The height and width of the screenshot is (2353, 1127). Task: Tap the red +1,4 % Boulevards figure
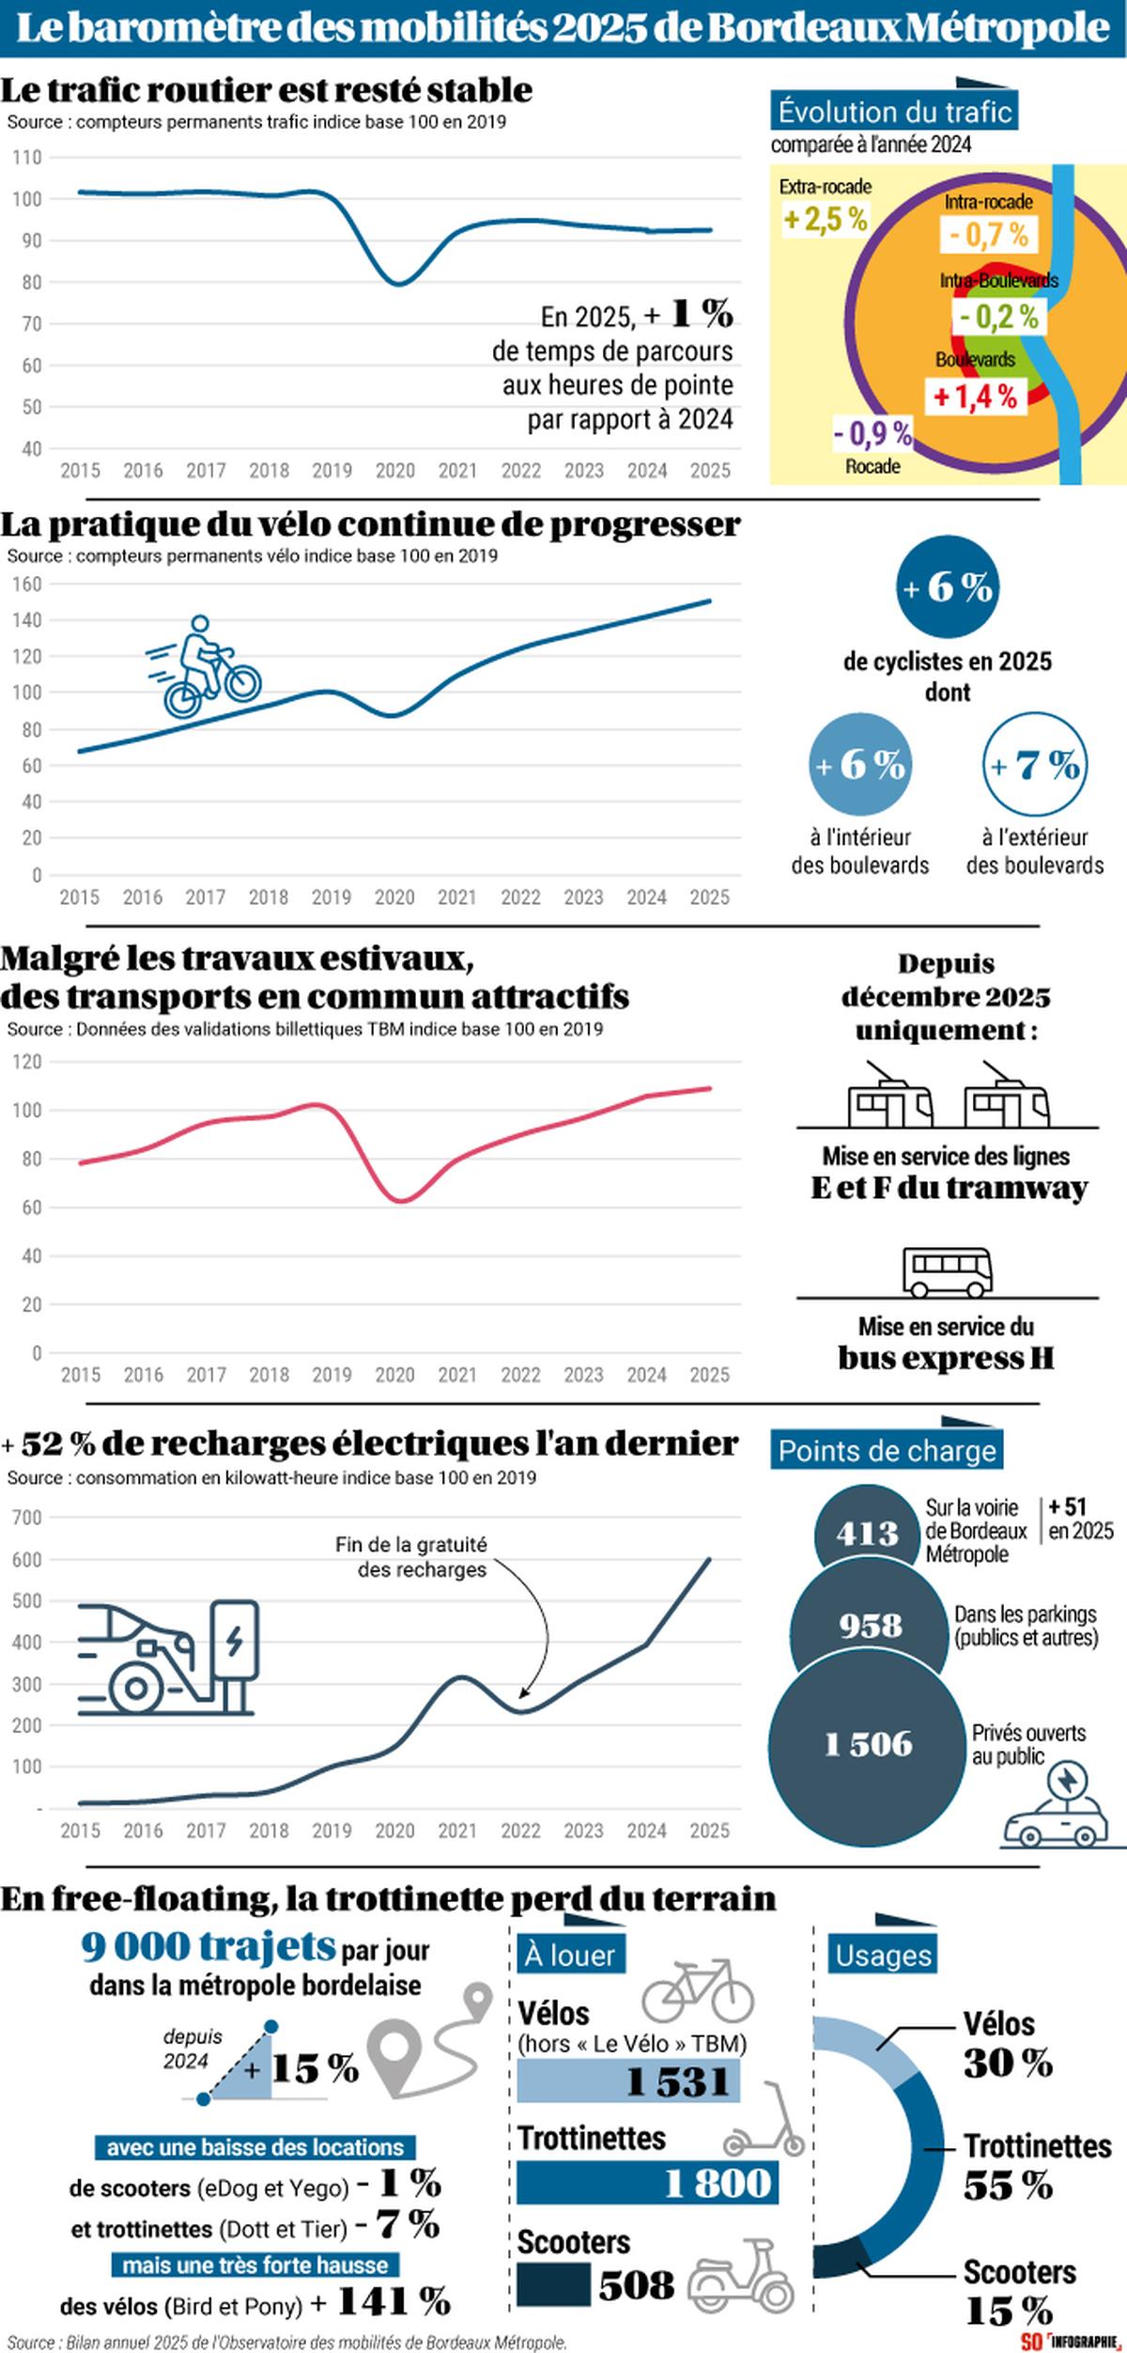pyautogui.click(x=975, y=397)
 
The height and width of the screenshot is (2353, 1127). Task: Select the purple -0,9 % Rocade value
pyautogui.click(x=872, y=433)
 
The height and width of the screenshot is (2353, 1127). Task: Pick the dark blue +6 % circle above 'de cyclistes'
pyautogui.click(x=947, y=587)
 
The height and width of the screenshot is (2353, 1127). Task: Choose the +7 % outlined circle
pyautogui.click(x=1035, y=765)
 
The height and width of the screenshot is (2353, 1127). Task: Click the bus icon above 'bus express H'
pyautogui.click(x=948, y=1270)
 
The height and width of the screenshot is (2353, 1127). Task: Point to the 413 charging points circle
pyautogui.click(x=868, y=1534)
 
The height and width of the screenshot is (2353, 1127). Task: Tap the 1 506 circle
pyautogui.click(x=868, y=1744)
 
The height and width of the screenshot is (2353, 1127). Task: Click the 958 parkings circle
pyautogui.click(x=871, y=1625)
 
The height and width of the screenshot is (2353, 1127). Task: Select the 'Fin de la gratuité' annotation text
pyautogui.click(x=411, y=1556)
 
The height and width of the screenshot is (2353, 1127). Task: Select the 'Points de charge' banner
pyautogui.click(x=887, y=1451)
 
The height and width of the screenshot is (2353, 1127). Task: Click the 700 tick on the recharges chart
pyautogui.click(x=27, y=1518)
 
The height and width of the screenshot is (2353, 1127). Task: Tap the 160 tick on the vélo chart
pyautogui.click(x=27, y=584)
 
